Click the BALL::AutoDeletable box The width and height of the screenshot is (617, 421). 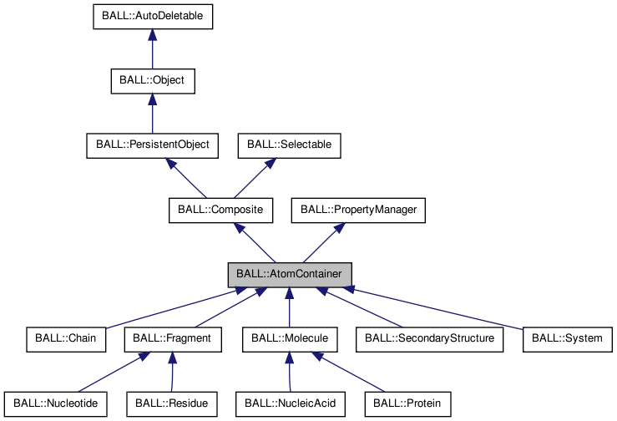click(152, 16)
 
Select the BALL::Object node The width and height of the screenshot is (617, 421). click(152, 81)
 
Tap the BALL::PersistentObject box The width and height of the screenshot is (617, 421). click(152, 145)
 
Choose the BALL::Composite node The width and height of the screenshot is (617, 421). click(221, 210)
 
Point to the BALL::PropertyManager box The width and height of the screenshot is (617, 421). click(358, 210)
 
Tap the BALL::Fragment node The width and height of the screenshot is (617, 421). click(172, 339)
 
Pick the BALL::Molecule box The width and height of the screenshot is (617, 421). click(290, 339)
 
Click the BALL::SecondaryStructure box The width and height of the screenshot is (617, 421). click(431, 339)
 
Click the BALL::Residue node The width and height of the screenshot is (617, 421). click(172, 403)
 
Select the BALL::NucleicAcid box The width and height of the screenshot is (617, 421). click(290, 403)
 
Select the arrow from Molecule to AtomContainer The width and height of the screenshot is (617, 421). click(290, 307)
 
